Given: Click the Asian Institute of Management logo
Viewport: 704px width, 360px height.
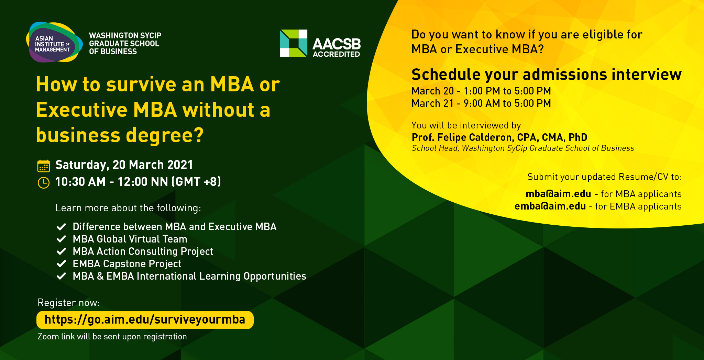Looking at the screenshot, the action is (x=54, y=42).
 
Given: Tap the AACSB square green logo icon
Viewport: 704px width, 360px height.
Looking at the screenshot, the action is (x=294, y=43).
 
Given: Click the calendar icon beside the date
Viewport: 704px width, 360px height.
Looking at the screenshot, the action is (x=44, y=166).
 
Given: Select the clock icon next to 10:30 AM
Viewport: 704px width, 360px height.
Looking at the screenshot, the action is (x=44, y=182).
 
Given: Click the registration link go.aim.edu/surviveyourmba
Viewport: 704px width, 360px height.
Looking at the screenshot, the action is (x=145, y=320).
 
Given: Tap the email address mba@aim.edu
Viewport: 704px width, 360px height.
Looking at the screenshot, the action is (x=558, y=194).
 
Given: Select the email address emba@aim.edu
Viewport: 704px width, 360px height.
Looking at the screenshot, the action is (x=550, y=206).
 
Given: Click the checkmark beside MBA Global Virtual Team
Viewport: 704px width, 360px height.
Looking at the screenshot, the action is (x=61, y=239).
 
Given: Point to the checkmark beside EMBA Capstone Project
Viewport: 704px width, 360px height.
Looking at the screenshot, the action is (x=61, y=264).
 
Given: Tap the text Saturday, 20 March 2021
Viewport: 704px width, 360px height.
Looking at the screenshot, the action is (x=124, y=165).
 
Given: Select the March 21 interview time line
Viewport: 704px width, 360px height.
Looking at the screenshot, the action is (x=481, y=103).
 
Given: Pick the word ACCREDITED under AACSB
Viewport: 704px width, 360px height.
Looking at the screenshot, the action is (x=336, y=54).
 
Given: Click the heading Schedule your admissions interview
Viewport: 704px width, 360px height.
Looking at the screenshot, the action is (x=547, y=75).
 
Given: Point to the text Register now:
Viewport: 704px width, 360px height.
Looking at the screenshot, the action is (x=69, y=303).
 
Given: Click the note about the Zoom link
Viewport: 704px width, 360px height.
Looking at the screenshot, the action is (x=112, y=337).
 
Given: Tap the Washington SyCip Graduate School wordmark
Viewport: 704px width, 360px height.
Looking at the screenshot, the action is (x=125, y=44).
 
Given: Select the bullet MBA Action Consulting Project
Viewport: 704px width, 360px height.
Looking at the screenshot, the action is (x=143, y=252).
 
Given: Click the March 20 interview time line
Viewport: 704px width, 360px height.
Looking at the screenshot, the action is (x=481, y=91).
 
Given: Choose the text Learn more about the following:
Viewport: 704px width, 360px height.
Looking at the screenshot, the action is (x=128, y=208).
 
